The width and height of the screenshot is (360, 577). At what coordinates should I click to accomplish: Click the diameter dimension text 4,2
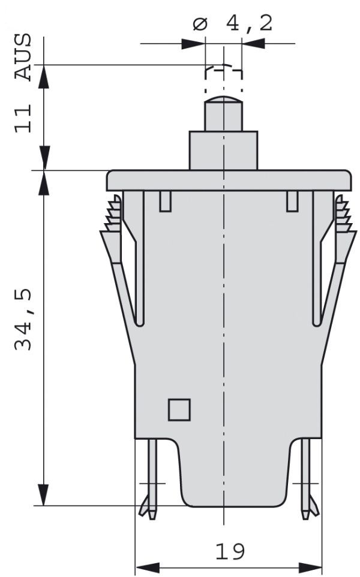[249, 23]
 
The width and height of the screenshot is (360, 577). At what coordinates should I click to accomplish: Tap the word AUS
[23, 57]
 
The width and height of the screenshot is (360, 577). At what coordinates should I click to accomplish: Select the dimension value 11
[23, 119]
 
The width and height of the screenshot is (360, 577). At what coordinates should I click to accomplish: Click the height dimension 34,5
[23, 320]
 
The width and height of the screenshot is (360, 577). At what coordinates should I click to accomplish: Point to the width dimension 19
[230, 552]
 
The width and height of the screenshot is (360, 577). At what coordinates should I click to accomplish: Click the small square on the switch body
[179, 410]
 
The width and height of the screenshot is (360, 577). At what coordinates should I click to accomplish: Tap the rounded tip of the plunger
[223, 100]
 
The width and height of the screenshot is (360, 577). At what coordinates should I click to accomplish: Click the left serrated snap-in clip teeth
[113, 214]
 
